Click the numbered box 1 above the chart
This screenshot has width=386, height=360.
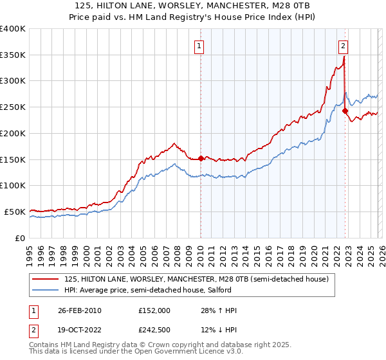click(x=200, y=46)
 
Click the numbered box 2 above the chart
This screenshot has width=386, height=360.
click(x=344, y=46)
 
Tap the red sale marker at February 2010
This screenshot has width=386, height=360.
click(x=201, y=158)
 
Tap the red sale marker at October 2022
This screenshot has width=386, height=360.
click(x=345, y=111)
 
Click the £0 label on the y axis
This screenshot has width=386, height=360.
click(x=20, y=238)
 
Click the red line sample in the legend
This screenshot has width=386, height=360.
click(x=46, y=279)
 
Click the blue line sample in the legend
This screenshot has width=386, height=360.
click(x=46, y=290)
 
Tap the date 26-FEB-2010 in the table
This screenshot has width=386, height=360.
click(x=79, y=310)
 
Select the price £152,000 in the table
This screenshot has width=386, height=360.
click(x=154, y=310)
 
